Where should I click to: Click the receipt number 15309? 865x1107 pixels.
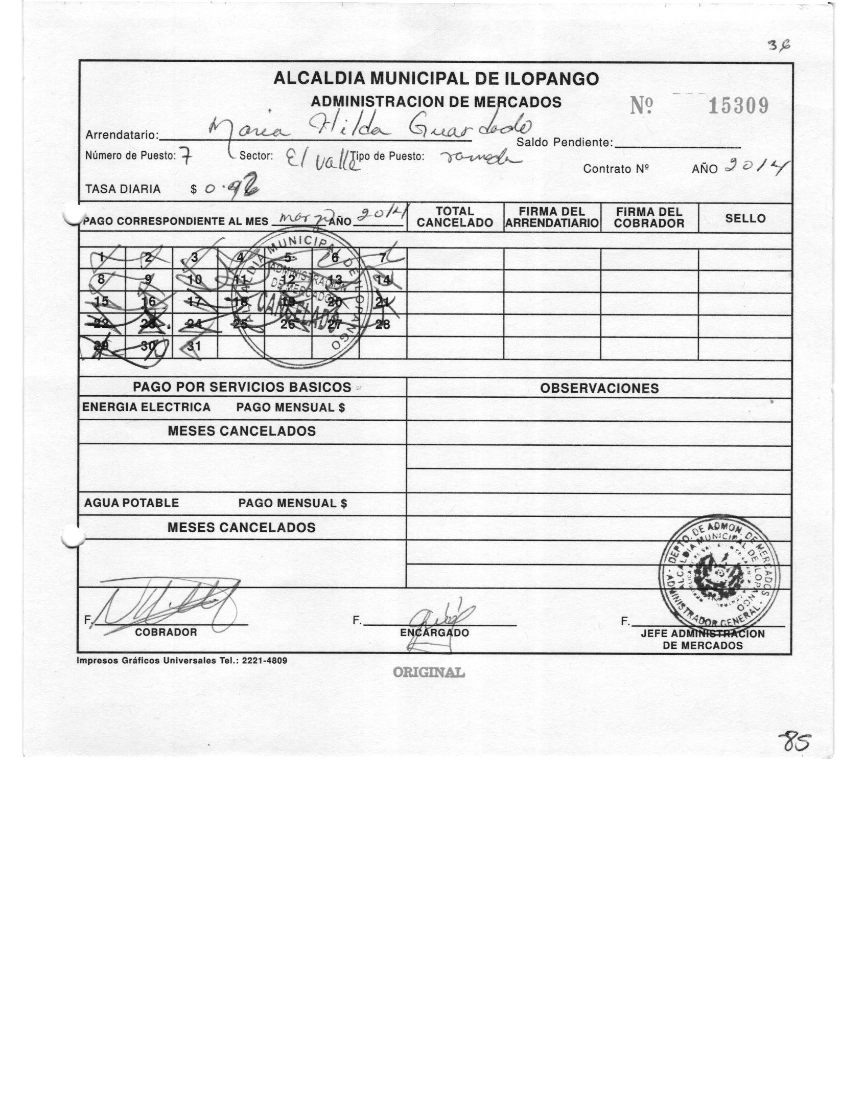click(738, 106)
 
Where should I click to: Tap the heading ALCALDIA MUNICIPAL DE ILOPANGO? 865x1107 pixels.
click(436, 79)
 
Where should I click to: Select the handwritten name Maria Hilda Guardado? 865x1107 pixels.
click(370, 129)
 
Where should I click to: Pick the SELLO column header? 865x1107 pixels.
click(745, 218)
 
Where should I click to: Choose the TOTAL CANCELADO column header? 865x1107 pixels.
click(455, 217)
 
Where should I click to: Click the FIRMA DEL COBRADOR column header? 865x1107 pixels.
click(649, 217)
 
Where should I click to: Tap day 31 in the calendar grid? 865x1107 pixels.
click(194, 346)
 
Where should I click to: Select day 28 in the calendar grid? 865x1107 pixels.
click(382, 324)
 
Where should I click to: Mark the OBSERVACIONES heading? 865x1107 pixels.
click(599, 388)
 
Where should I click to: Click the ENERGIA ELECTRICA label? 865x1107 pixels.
click(146, 408)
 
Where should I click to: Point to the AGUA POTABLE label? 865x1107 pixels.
click(131, 503)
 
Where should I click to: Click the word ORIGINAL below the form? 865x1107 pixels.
click(429, 672)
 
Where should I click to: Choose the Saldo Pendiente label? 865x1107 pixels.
click(564, 143)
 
